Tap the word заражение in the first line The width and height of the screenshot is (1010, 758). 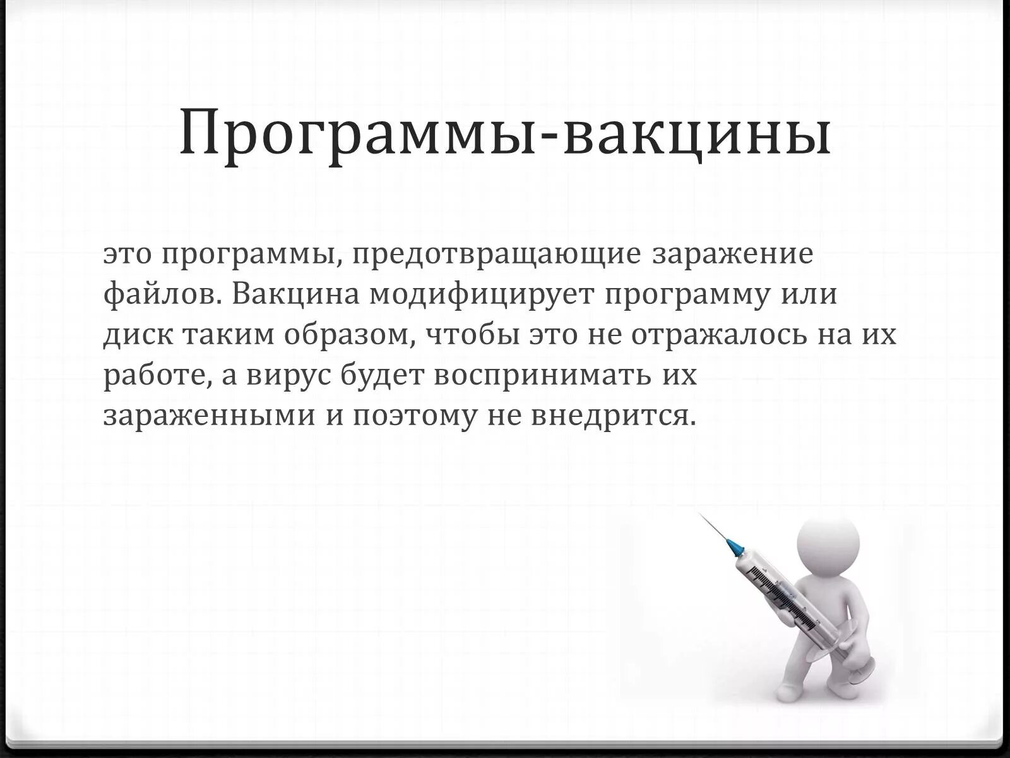click(x=732, y=255)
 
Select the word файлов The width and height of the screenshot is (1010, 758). click(x=162, y=294)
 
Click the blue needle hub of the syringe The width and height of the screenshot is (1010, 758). click(x=734, y=546)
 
